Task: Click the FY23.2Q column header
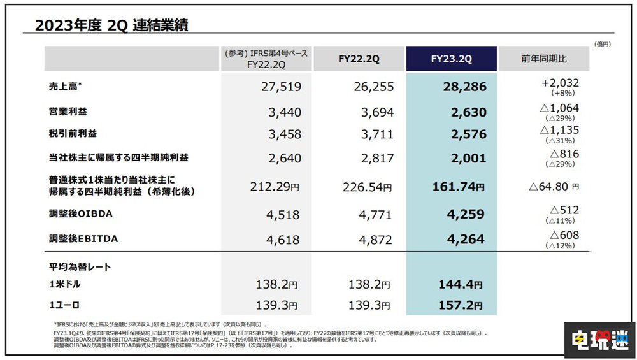tap(451, 59)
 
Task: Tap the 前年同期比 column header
tap(543, 59)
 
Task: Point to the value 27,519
tap(280, 87)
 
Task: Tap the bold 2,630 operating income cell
tap(467, 113)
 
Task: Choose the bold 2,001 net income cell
tap(467, 159)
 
